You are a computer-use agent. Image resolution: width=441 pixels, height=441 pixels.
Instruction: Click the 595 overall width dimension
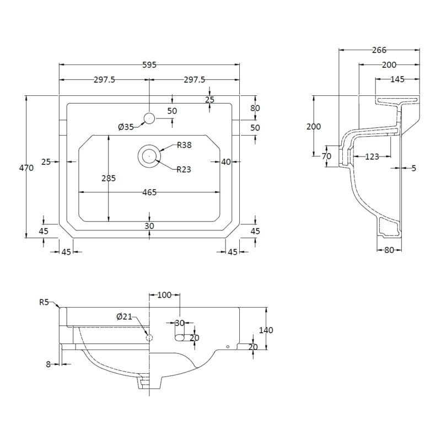(149, 65)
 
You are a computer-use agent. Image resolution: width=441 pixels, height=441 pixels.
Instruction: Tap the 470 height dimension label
(26, 168)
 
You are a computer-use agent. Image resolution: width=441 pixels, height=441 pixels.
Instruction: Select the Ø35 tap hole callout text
(126, 127)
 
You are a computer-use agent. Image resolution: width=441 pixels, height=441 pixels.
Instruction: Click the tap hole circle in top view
(149, 119)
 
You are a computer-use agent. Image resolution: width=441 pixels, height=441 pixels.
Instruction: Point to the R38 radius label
(184, 145)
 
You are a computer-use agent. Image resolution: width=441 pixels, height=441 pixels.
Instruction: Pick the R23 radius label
(184, 169)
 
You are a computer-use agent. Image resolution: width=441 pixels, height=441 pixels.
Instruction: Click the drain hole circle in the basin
(149, 156)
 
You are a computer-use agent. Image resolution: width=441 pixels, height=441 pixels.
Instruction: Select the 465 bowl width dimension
(149, 192)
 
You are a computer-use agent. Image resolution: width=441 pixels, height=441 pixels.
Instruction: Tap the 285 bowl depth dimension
(109, 178)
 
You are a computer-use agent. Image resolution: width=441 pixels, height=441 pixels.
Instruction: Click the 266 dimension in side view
(379, 50)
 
